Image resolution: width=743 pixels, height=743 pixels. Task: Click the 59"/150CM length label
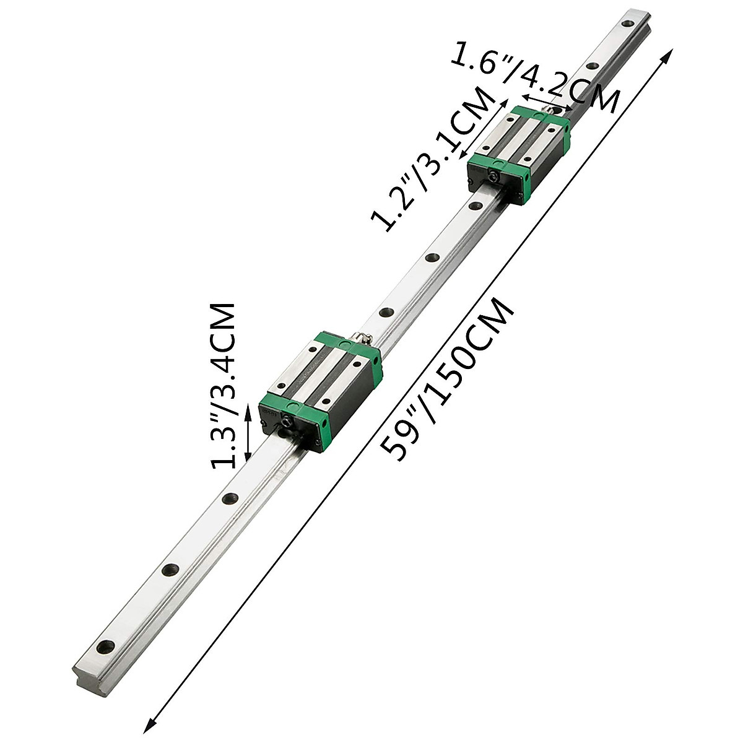[447, 379]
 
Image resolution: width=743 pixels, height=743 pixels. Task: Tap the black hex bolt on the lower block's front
[286, 422]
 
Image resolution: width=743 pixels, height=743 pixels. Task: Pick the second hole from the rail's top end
[592, 66]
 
